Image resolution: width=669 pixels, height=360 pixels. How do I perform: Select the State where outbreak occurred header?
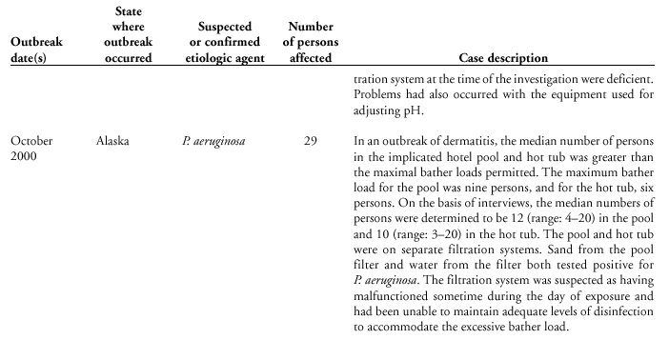(122, 35)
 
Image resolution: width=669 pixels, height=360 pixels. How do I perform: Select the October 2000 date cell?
(32, 150)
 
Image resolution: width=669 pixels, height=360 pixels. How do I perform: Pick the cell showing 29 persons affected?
(310, 142)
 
